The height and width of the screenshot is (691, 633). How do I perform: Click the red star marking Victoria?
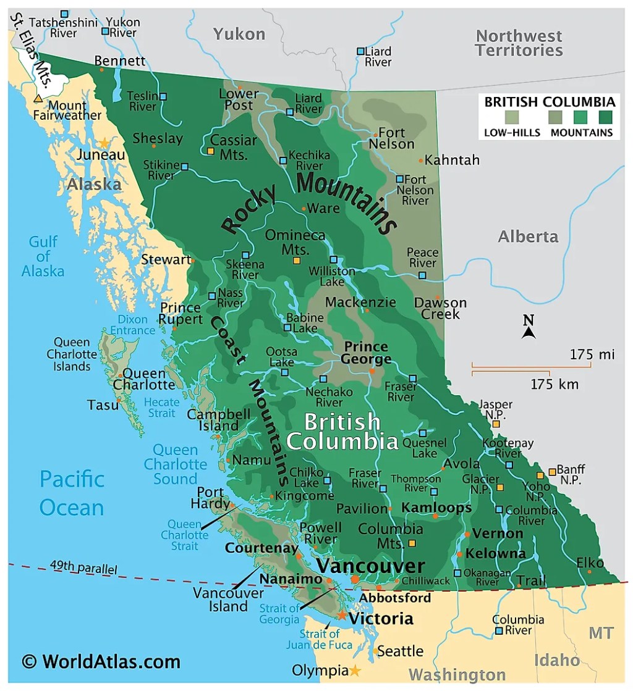coord(341,616)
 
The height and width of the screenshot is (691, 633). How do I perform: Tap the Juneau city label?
coord(101,155)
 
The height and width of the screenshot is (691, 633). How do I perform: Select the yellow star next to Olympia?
coord(355,671)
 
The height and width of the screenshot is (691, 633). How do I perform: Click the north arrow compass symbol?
coord(528,332)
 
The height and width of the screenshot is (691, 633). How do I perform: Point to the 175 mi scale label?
coord(592,354)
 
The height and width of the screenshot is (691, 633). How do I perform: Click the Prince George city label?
coord(367,353)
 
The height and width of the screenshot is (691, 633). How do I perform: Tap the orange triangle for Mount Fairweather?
coord(38,98)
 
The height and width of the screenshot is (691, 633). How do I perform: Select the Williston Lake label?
coord(332,276)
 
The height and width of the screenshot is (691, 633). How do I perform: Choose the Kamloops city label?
coord(436,508)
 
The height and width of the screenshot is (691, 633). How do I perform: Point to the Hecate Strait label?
coord(161,408)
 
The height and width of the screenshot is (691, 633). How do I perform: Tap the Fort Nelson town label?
coord(392,138)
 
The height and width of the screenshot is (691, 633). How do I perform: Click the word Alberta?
coord(528,237)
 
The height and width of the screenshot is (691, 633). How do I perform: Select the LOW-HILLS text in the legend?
coord(512,132)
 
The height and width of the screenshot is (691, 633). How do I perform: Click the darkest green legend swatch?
coord(605,117)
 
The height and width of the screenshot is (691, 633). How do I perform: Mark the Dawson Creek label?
coord(440,308)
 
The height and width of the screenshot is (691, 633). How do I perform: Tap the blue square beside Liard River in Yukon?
coord(360,51)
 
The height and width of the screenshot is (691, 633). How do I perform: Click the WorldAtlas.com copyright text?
coord(101,662)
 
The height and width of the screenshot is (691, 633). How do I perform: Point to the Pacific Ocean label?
coord(72,493)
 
